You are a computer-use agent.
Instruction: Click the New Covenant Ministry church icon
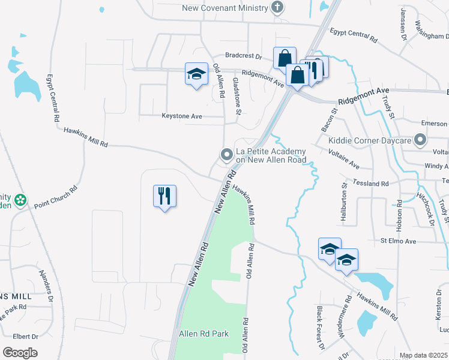coord(277,8)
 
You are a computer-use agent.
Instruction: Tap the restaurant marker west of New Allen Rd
coord(164,196)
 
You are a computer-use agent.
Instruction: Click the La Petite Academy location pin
coord(227,155)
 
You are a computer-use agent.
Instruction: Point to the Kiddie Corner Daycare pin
coord(420,141)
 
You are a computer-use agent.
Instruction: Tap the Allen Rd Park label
coord(203,334)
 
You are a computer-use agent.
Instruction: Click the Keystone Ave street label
coord(182,116)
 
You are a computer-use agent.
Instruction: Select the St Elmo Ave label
coord(398,241)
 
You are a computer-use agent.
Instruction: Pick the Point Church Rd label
coord(56,197)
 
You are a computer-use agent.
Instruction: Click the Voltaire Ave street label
coord(344,160)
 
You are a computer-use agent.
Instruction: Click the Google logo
coord(20,353)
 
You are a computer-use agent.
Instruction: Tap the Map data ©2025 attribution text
coord(423,355)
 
